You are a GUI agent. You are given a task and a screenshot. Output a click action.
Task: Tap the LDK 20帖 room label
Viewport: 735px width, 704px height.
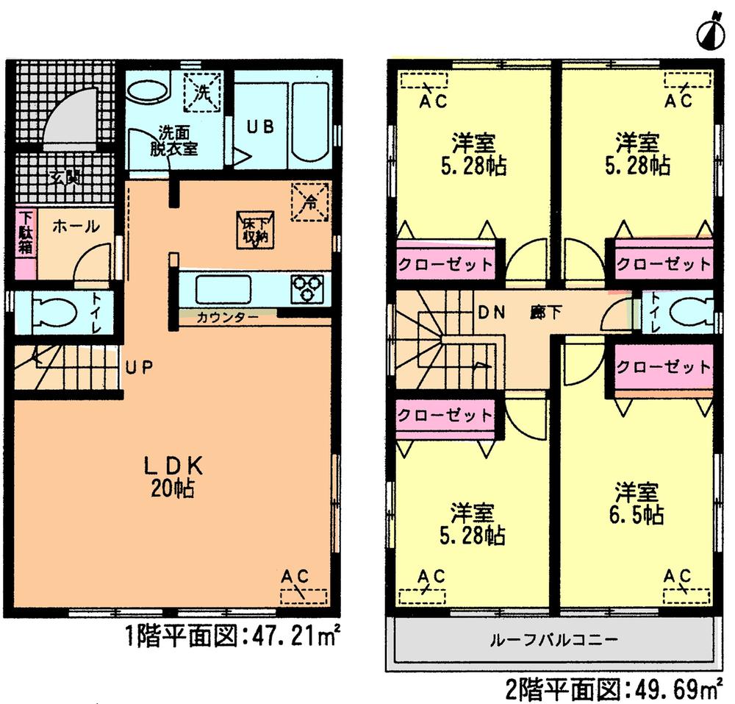pos(173,476)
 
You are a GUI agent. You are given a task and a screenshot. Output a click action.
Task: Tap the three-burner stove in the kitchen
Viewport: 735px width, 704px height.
pos(308,288)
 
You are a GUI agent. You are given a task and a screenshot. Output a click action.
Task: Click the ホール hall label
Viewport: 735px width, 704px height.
pos(75,227)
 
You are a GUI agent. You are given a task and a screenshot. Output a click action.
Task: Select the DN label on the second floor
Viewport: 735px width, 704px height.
pos(492,312)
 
